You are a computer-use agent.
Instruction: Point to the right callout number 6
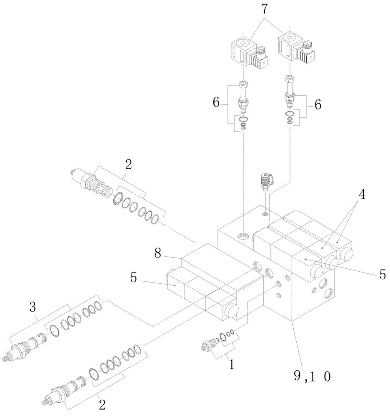pyautogui.click(x=317, y=105)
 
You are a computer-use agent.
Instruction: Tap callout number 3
pyautogui.click(x=33, y=308)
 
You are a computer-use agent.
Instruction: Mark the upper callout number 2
pyautogui.click(x=128, y=165)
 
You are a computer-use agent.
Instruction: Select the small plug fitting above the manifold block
pyautogui.click(x=265, y=182)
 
